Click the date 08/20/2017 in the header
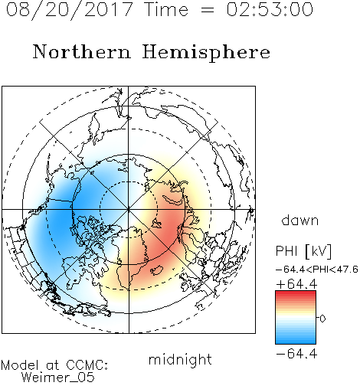tap(69, 10)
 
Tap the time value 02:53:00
tap(270, 9)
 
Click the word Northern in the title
tap(82, 51)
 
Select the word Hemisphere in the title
tap(206, 53)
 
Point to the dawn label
tap(300, 220)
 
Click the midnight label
tap(180, 360)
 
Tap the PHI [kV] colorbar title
tap(303, 251)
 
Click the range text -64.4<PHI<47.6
tap(317, 270)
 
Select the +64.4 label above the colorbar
tap(296, 284)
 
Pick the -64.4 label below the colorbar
tap(296, 354)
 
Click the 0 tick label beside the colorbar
tap(322, 319)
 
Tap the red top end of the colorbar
tap(296, 293)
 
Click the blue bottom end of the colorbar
tap(296, 342)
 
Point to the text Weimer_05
tap(58, 377)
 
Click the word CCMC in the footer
tap(87, 365)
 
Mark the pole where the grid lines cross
tap(128, 210)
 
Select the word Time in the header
tap(166, 9)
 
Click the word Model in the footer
tap(20, 365)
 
